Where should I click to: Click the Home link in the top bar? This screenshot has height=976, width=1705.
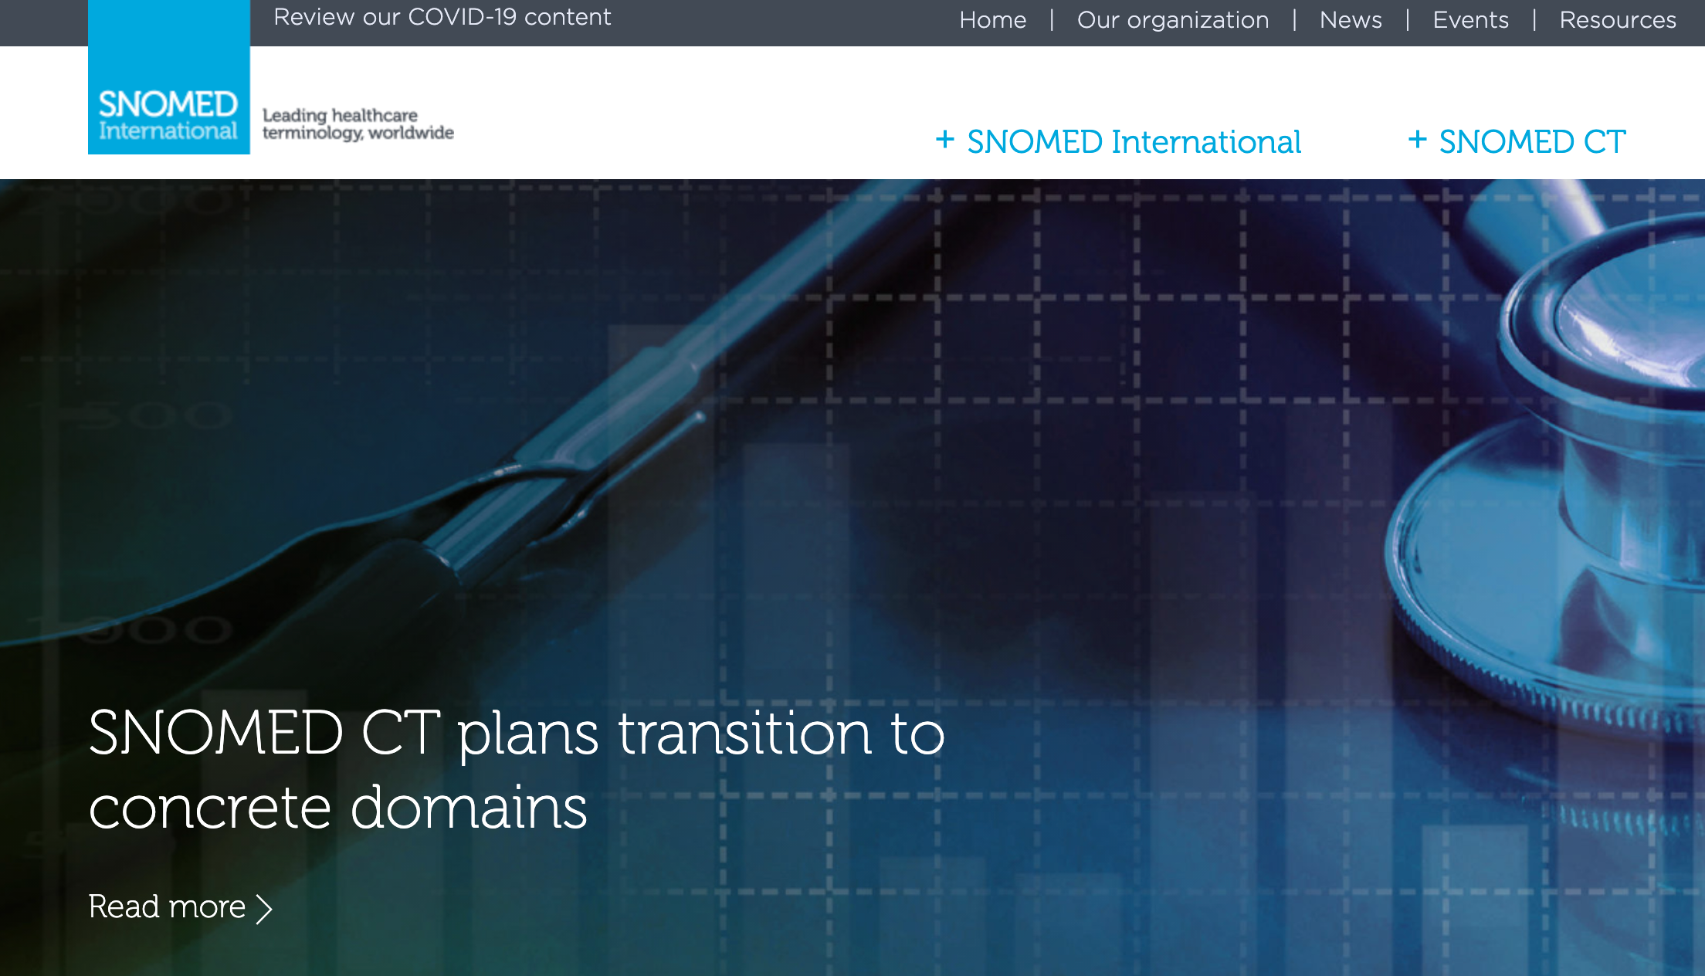[x=992, y=19]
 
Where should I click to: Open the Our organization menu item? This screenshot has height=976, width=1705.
[x=1173, y=19]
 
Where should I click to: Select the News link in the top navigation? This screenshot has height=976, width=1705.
[x=1351, y=19]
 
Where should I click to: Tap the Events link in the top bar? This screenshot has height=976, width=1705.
[x=1470, y=19]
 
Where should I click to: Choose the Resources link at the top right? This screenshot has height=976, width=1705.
[x=1618, y=19]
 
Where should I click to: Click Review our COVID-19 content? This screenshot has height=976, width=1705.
[x=442, y=17]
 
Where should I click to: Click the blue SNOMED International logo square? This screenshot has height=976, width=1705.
[x=169, y=77]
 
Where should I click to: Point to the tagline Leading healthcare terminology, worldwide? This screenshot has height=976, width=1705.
[x=358, y=124]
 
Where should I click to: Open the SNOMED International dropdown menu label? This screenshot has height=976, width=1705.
[x=1134, y=142]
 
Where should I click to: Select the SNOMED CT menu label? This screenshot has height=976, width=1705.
[x=1533, y=142]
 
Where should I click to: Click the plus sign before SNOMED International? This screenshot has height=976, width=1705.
[x=945, y=140]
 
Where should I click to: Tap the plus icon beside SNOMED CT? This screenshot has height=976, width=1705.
[x=1417, y=140]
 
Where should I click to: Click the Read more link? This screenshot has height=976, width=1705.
[x=167, y=907]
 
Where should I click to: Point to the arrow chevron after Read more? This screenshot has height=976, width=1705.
[x=264, y=910]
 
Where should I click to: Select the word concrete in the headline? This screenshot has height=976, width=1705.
[x=211, y=808]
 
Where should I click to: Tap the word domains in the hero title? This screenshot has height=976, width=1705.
[x=469, y=807]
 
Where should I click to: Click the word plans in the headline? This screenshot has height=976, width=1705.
[x=528, y=735]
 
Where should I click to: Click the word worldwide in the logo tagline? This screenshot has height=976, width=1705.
[x=412, y=133]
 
